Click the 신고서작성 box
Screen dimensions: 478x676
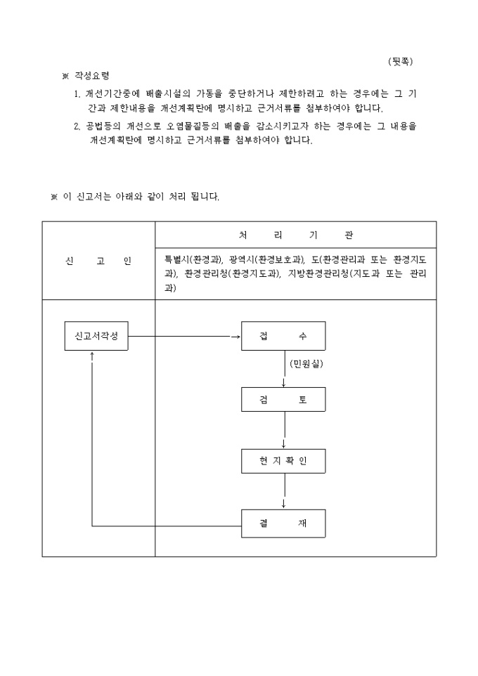pyautogui.click(x=96, y=336)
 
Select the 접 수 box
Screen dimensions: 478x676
pyautogui.click(x=283, y=336)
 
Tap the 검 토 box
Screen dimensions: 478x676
pyautogui.click(x=283, y=399)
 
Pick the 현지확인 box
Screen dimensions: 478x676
pyautogui.click(x=283, y=461)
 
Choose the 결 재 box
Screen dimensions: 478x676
pyautogui.click(x=283, y=524)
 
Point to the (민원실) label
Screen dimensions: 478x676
pyautogui.click(x=306, y=364)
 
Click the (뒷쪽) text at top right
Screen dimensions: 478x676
pyautogui.click(x=401, y=62)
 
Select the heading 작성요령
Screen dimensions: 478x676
pyautogui.click(x=92, y=76)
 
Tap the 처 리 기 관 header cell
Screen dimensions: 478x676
pyautogui.click(x=295, y=235)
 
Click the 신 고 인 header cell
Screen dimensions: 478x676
pyautogui.click(x=98, y=261)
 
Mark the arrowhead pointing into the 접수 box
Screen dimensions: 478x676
pyautogui.click(x=238, y=337)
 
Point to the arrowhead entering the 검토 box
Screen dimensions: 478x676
pyautogui.click(x=283, y=384)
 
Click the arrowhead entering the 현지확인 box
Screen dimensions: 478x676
pyautogui.click(x=283, y=446)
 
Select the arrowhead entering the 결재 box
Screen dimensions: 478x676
pyautogui.click(x=283, y=506)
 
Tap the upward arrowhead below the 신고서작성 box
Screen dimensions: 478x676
pyautogui.click(x=92, y=354)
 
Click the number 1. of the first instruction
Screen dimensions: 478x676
pyautogui.click(x=77, y=94)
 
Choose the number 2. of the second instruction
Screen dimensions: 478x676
pyautogui.click(x=77, y=126)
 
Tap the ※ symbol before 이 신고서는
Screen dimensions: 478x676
pyautogui.click(x=54, y=197)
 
